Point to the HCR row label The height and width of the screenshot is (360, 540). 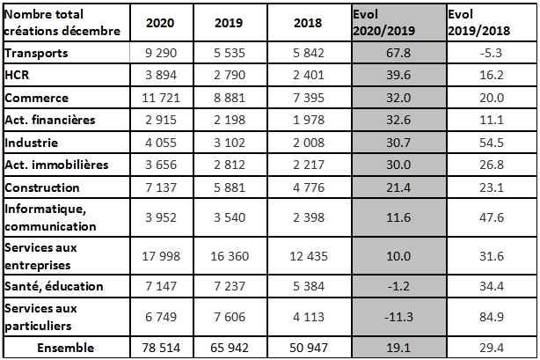18,77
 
